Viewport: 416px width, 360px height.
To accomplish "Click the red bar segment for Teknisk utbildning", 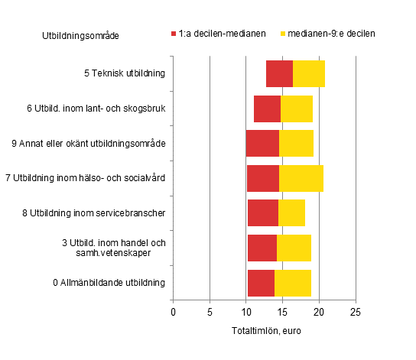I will (279, 73).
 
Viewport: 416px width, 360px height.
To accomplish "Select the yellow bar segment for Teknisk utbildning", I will (309, 73).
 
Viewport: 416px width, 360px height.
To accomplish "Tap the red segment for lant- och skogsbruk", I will (267, 109).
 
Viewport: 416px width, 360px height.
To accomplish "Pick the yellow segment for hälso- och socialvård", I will (301, 178).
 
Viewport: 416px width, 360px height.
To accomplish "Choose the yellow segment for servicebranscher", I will (291, 212).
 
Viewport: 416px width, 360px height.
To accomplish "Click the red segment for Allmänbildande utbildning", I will (261, 283).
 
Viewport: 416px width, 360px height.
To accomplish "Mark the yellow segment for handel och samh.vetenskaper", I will (294, 248).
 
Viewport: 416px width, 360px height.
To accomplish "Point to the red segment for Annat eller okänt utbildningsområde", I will (262, 143).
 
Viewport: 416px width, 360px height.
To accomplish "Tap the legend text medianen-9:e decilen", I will (331, 34).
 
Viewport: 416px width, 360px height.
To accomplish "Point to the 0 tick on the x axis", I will (173, 312).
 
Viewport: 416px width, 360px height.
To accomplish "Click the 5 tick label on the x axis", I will (210, 312).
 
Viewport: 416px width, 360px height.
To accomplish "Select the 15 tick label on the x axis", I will (282, 312).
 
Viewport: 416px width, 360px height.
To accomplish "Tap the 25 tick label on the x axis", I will (355, 312).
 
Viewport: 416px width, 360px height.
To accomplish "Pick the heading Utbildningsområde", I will (80, 35).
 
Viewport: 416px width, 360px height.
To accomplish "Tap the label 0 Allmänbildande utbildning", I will (109, 283).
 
